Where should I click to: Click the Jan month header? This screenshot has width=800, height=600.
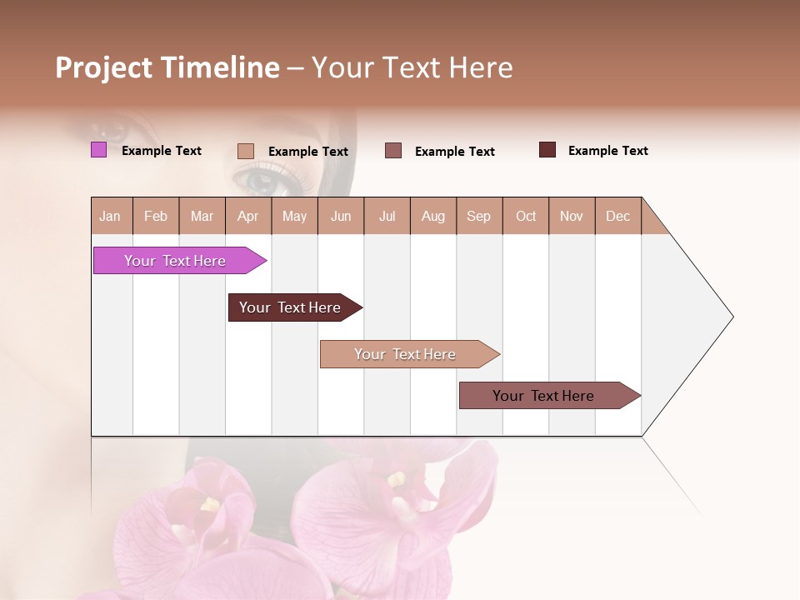110,217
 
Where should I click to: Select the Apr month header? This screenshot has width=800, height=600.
247,217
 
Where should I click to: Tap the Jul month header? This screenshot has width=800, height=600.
387,217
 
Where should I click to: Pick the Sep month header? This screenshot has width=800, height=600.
478,217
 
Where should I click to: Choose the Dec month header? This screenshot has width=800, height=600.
617,217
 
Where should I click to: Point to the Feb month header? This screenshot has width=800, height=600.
156,217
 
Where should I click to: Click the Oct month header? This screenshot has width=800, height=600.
526,217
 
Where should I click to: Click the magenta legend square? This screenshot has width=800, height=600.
98,150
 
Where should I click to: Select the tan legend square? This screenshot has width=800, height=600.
246,151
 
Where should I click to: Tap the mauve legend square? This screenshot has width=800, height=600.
393,150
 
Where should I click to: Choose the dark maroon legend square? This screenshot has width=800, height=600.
547,150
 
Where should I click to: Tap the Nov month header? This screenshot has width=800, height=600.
572,217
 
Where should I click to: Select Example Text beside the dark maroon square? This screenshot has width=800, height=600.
607,151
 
